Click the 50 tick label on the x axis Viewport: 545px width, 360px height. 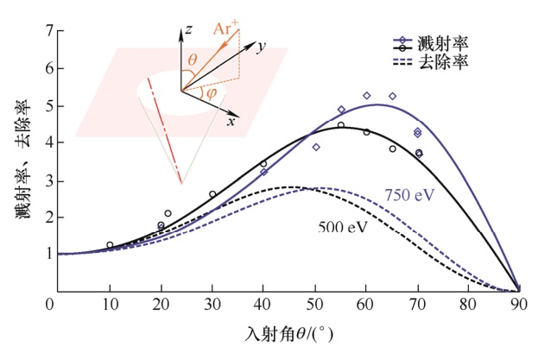pyautogui.click(x=315, y=304)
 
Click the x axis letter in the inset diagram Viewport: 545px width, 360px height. pyautogui.click(x=231, y=122)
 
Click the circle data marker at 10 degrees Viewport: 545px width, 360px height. pyautogui.click(x=110, y=245)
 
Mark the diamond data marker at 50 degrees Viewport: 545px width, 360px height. pyautogui.click(x=316, y=148)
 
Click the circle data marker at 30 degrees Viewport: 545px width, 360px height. pyautogui.click(x=212, y=194)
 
